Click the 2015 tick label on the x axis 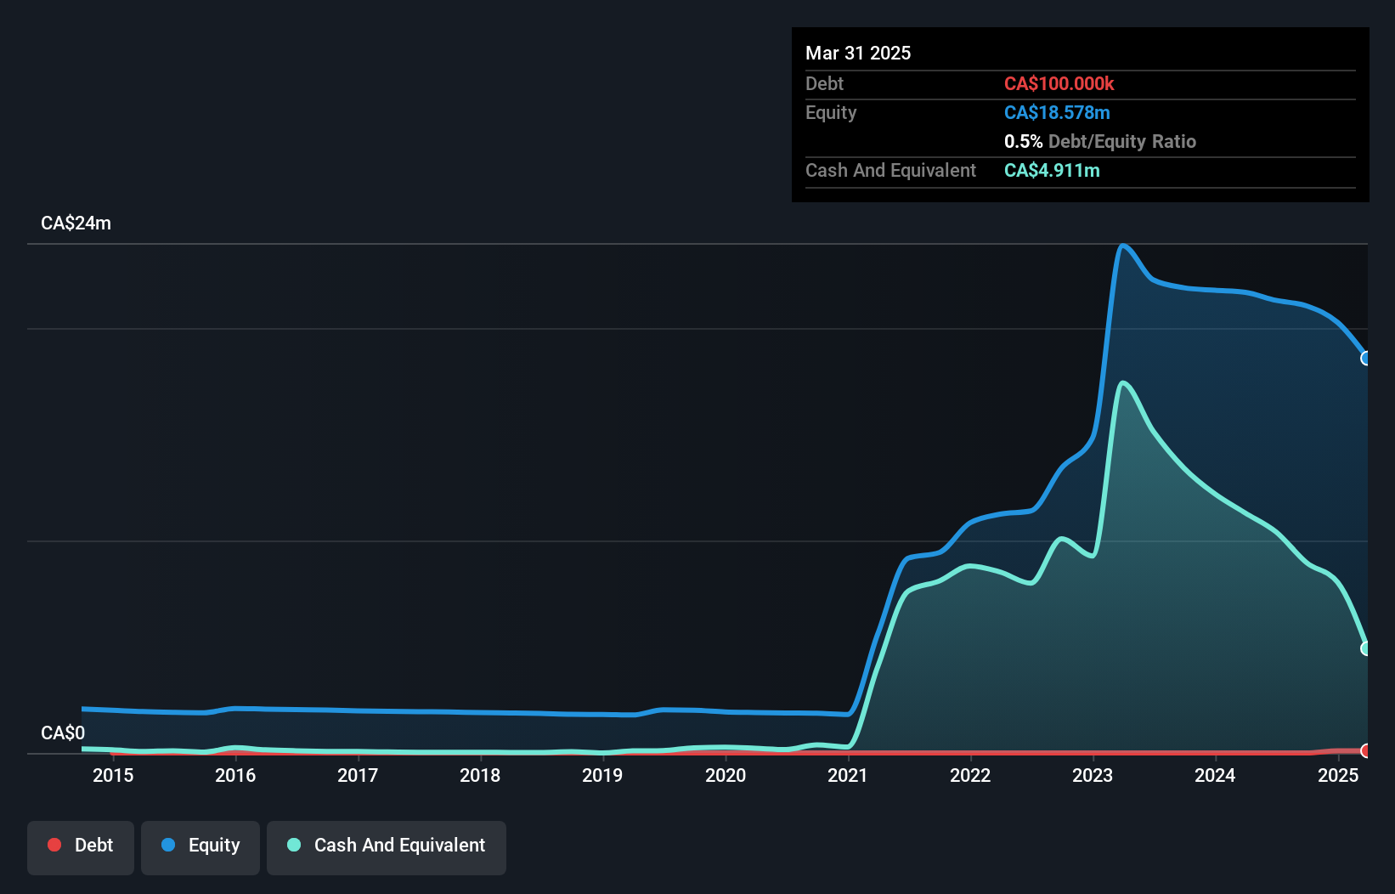113,775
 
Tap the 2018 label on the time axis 480,775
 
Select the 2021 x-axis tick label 848,775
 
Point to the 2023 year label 1093,775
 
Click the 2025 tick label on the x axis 1338,775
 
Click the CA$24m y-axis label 76,223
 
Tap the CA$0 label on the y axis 63,733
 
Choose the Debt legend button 81,846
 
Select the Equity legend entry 200,846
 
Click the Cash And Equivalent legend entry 387,846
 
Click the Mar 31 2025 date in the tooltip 858,53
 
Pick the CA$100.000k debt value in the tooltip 1059,83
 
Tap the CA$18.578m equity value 1057,112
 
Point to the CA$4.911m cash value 1052,170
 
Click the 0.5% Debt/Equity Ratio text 1099,141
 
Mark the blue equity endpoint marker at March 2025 1366,358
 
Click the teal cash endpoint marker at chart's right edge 1366,648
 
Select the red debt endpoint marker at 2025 1366,750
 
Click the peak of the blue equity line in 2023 1123,246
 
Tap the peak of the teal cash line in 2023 1123,383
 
